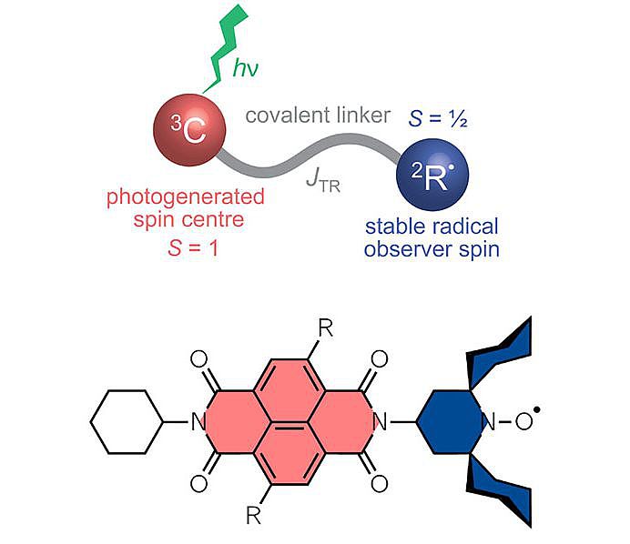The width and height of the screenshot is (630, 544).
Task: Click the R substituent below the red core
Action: pos(254,516)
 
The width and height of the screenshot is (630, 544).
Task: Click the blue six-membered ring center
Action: pos(450,421)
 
